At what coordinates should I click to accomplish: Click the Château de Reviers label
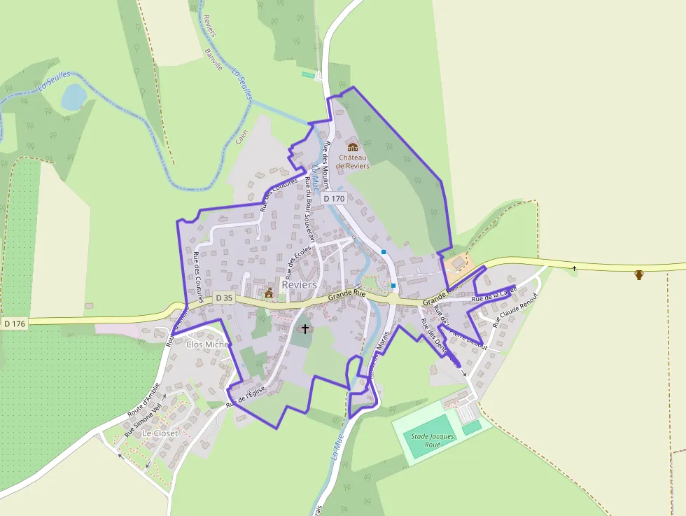click(x=352, y=161)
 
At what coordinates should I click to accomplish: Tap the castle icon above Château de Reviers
click(x=353, y=147)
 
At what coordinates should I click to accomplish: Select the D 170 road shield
click(x=335, y=199)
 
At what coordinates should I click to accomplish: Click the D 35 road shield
click(x=223, y=298)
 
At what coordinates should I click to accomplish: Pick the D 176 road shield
click(x=14, y=323)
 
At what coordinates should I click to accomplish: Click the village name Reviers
click(x=299, y=285)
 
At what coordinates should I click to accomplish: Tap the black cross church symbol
click(x=304, y=328)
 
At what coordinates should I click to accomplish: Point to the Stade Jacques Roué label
click(x=433, y=440)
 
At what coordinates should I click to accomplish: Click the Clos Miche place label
click(x=208, y=344)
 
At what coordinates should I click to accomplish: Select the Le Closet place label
click(x=160, y=433)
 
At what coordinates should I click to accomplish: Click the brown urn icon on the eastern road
click(x=638, y=274)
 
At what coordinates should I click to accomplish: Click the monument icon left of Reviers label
click(x=269, y=293)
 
